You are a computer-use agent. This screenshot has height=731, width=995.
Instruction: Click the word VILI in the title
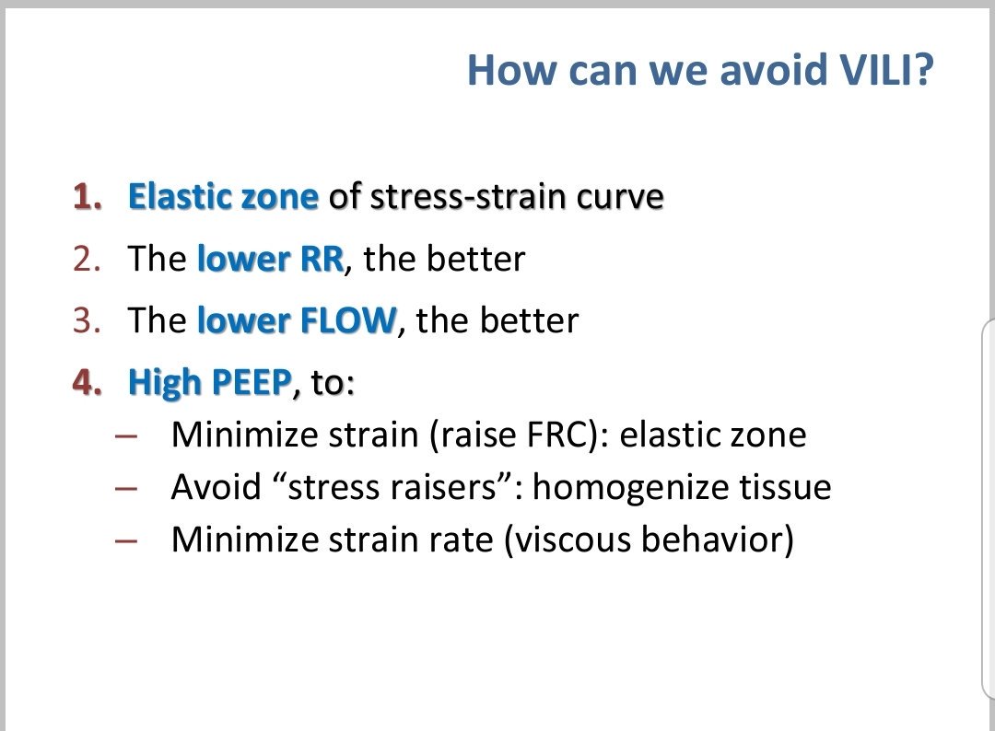[x=882, y=70]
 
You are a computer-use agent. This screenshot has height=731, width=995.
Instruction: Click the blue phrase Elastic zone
[x=223, y=197]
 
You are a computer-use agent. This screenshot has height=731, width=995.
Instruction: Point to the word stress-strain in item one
[x=460, y=197]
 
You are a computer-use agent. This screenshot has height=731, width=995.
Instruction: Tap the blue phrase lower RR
[x=270, y=259]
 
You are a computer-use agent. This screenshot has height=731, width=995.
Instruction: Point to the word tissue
[x=793, y=487]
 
